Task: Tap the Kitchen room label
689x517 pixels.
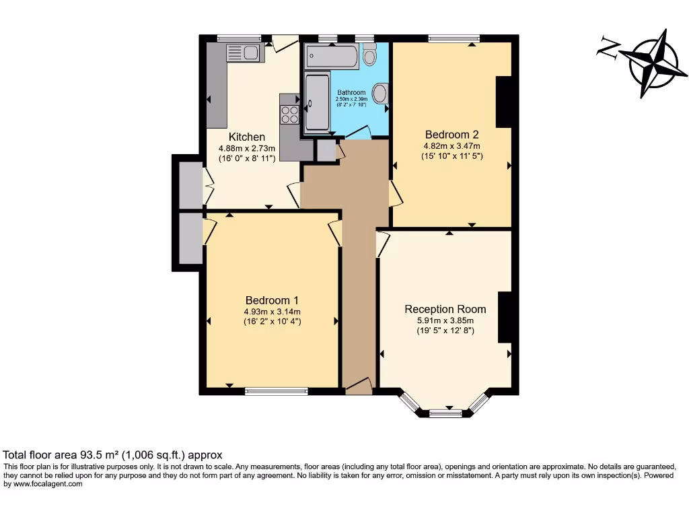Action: (x=246, y=137)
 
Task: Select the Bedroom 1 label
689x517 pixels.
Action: (x=272, y=300)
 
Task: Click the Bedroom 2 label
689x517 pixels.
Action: (x=451, y=133)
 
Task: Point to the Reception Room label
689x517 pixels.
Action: (x=445, y=309)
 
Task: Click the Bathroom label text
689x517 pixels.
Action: (x=351, y=93)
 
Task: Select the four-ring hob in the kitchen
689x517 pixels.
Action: (x=290, y=114)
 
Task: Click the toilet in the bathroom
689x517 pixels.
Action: (x=369, y=55)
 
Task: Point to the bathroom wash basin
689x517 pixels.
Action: (x=380, y=94)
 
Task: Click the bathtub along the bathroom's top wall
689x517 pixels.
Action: (x=332, y=57)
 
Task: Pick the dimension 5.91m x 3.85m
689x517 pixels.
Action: (x=445, y=320)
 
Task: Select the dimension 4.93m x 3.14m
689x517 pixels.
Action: (x=272, y=312)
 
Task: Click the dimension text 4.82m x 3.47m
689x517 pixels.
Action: (x=451, y=145)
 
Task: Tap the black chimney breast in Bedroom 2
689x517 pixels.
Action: (x=503, y=102)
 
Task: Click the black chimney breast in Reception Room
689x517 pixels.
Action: (x=504, y=317)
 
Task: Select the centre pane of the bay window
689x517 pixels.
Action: (x=445, y=413)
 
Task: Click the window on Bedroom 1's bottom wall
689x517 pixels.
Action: (x=277, y=391)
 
